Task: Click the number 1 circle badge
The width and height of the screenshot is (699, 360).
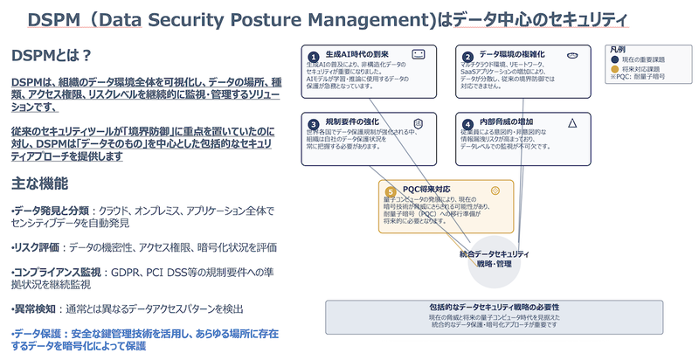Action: [313, 56]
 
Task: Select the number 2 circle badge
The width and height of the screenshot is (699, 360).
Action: [468, 56]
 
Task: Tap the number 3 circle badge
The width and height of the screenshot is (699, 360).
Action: [313, 124]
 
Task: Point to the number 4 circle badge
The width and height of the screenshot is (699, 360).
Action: [468, 124]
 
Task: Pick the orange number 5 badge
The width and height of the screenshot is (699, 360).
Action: [391, 190]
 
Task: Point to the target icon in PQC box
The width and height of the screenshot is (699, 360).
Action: [495, 190]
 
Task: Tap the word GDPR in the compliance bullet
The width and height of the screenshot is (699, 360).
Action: [147, 273]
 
